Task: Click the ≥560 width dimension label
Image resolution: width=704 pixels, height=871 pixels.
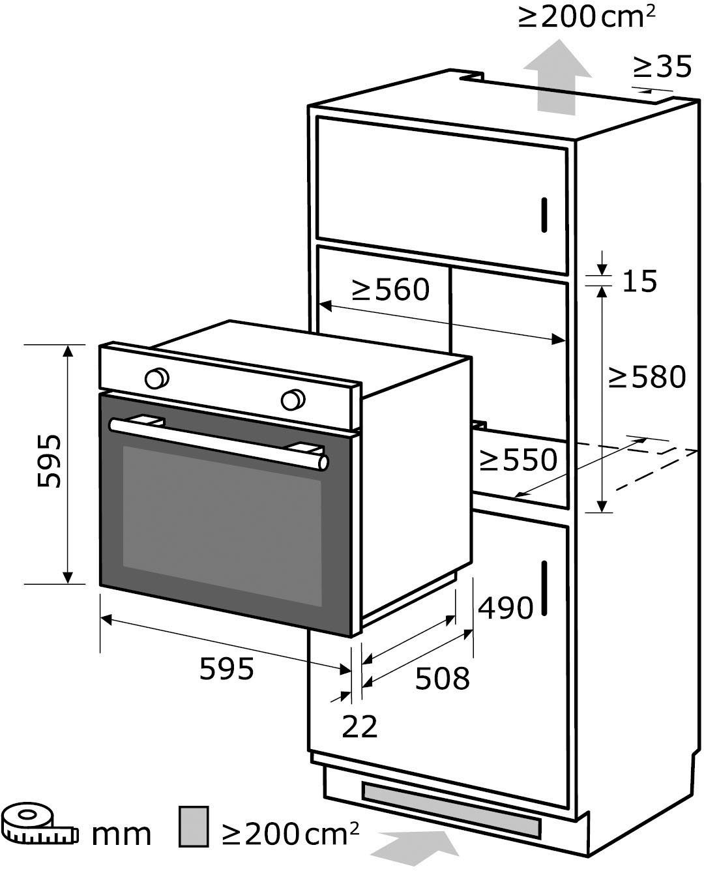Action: [x=390, y=289]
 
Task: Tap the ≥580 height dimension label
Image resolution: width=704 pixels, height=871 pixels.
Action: [x=647, y=377]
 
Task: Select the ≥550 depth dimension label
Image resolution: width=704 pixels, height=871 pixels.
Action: [x=518, y=460]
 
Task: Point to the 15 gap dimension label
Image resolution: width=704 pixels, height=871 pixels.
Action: [x=639, y=281]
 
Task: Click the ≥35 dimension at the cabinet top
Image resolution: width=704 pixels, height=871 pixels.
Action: [x=662, y=66]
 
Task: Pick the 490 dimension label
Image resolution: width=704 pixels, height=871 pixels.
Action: [x=506, y=608]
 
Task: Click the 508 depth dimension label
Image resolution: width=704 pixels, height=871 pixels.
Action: [x=442, y=679]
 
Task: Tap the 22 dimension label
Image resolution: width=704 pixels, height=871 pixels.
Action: [x=359, y=726]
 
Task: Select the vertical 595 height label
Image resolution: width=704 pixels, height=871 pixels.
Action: [x=50, y=461]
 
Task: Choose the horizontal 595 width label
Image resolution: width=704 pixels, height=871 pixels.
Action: [x=226, y=669]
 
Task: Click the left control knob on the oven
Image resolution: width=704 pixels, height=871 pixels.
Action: [x=156, y=378]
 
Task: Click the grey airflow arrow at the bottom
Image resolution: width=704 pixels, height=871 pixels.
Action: [x=417, y=849]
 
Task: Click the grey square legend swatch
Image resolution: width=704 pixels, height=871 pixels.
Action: [x=194, y=826]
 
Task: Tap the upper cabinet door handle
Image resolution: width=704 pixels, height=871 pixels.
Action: [x=544, y=213]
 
